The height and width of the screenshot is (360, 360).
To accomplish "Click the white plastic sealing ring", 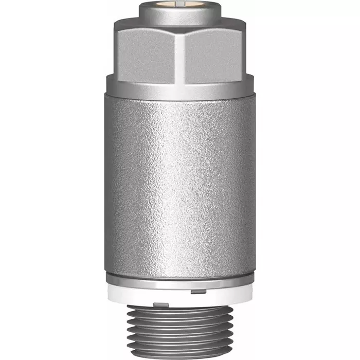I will (180, 296).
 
